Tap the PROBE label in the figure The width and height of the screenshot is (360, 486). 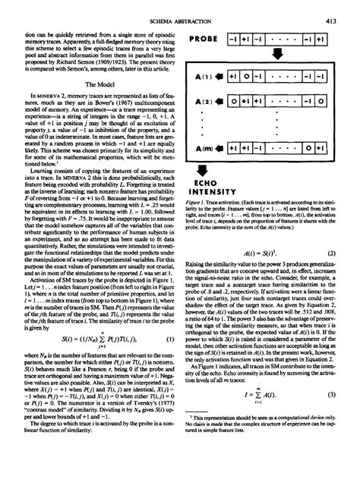coord(208,39)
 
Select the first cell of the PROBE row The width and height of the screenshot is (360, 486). coord(242,39)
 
